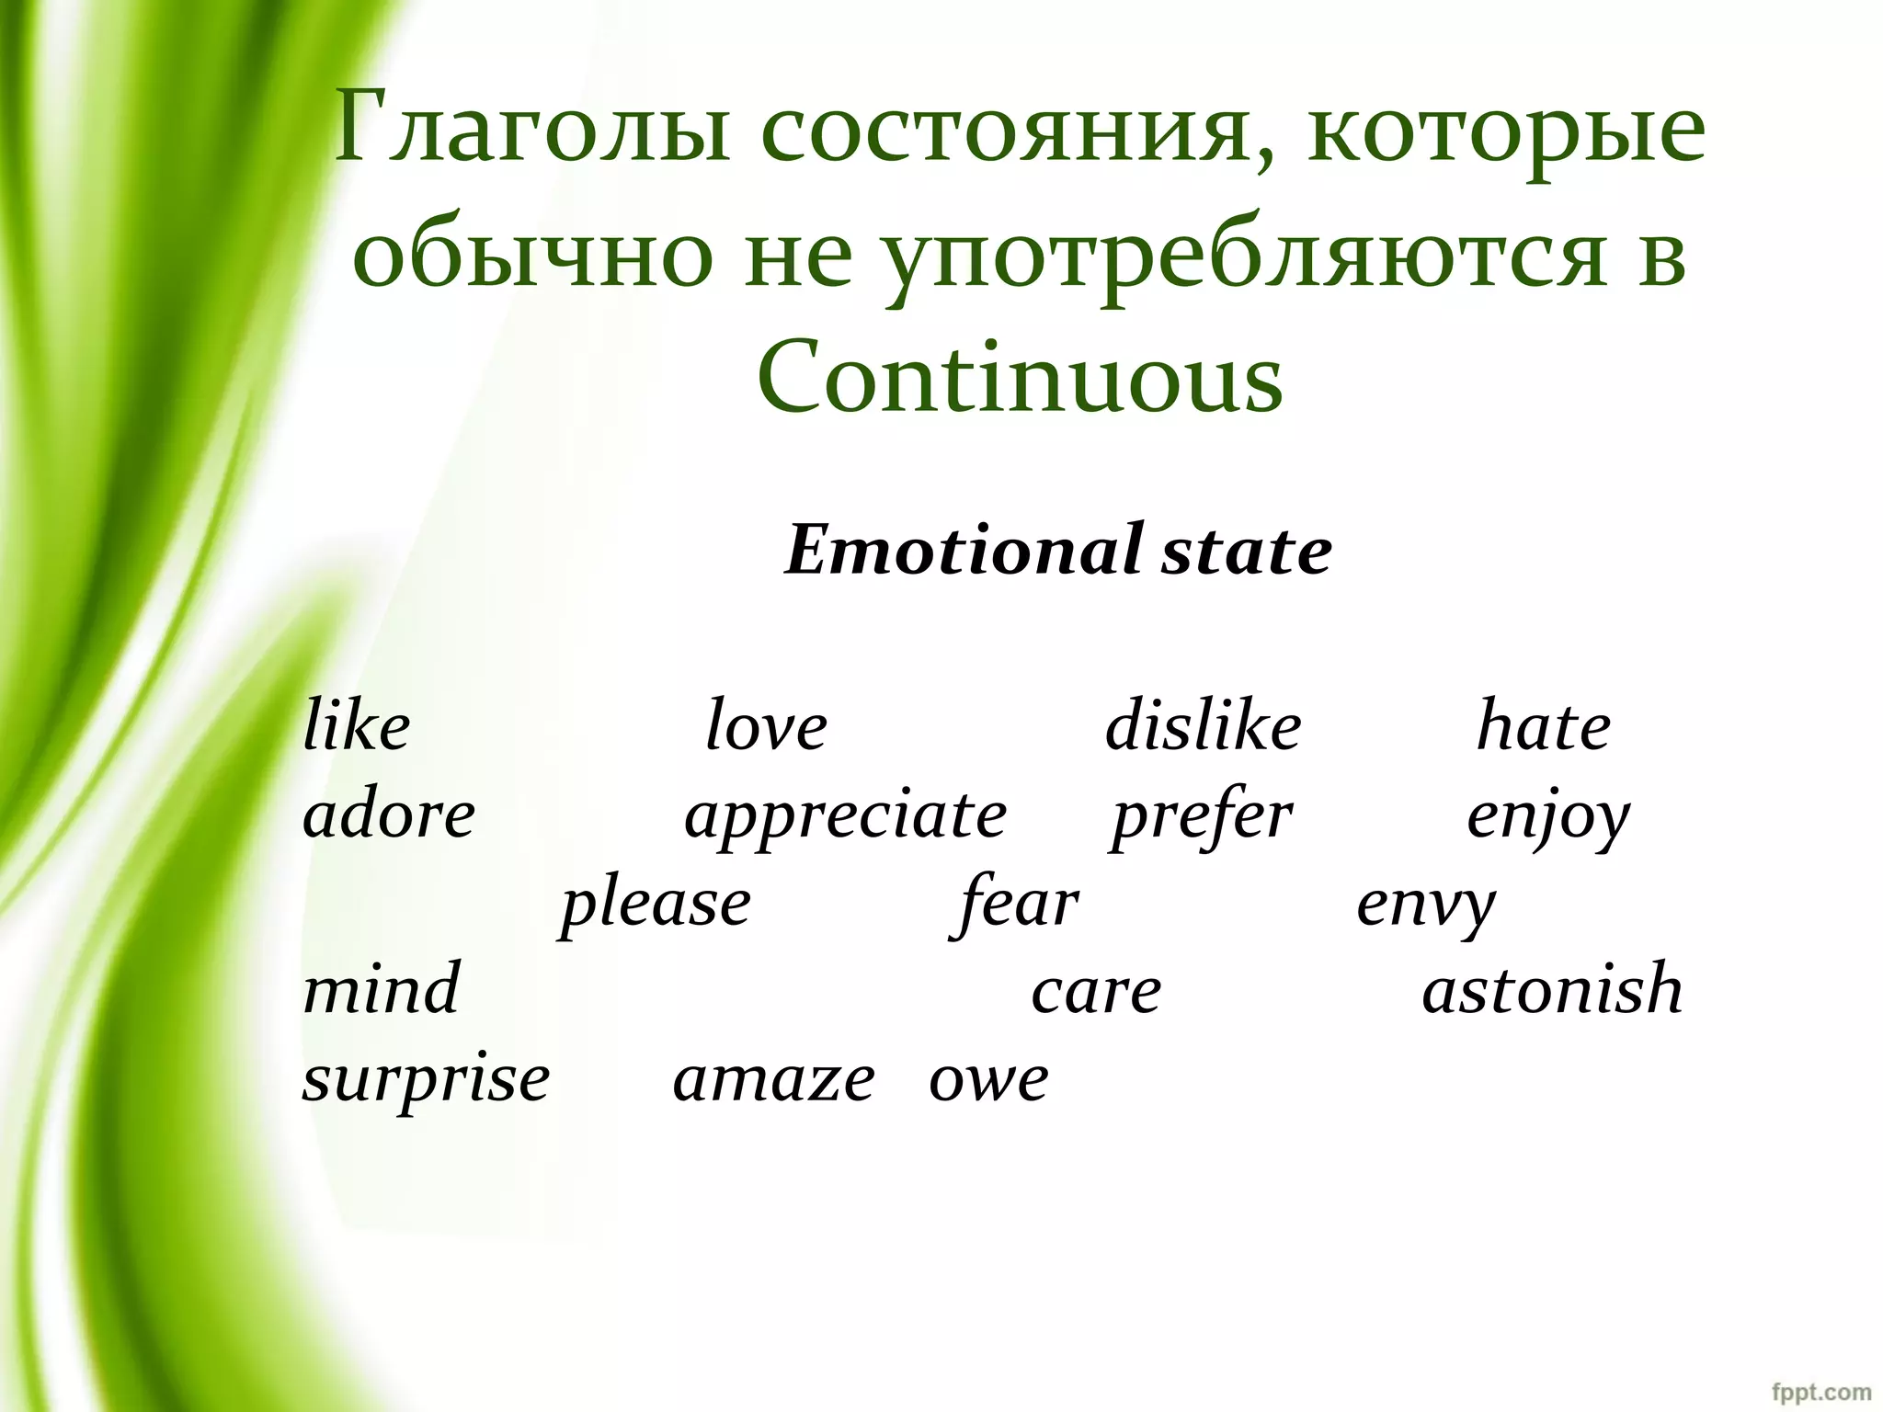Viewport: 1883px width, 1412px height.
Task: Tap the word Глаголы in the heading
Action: point(532,129)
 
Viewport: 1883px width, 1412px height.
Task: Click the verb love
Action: point(766,726)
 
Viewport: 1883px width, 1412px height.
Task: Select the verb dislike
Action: point(1203,726)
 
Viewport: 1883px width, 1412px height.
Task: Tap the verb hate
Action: point(1544,726)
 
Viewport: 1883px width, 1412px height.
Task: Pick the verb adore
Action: point(389,814)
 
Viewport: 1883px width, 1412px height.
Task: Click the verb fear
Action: point(1015,903)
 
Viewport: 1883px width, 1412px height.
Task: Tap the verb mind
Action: point(381,989)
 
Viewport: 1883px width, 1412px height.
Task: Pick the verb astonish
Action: point(1552,989)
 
